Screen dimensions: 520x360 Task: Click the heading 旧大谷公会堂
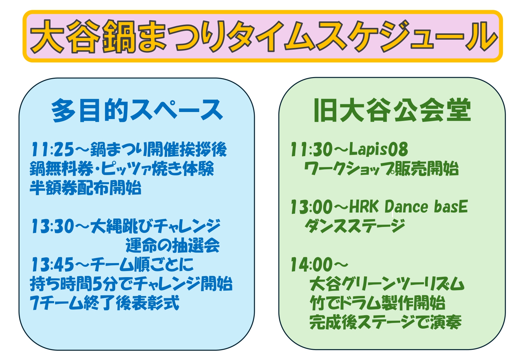coord(392,110)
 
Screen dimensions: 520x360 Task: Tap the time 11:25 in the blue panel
coord(52,149)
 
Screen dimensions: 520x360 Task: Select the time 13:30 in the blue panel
coord(52,226)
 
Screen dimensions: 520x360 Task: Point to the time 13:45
coord(52,265)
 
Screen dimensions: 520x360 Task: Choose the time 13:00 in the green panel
coord(312,207)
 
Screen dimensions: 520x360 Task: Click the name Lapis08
coord(378,149)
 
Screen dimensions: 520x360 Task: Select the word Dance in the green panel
coord(406,206)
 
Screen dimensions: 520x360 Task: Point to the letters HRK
coord(364,206)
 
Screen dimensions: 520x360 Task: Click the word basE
coord(451,206)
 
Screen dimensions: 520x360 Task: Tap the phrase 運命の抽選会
coord(172,245)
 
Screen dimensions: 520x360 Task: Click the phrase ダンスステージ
coord(355,226)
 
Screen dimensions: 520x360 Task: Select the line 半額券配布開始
coord(85,188)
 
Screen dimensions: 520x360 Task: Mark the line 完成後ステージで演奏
coord(386,322)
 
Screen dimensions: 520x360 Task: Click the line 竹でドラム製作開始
coord(378,303)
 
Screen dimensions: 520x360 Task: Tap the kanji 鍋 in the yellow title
coord(119,37)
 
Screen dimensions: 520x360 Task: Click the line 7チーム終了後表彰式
coord(105,303)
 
